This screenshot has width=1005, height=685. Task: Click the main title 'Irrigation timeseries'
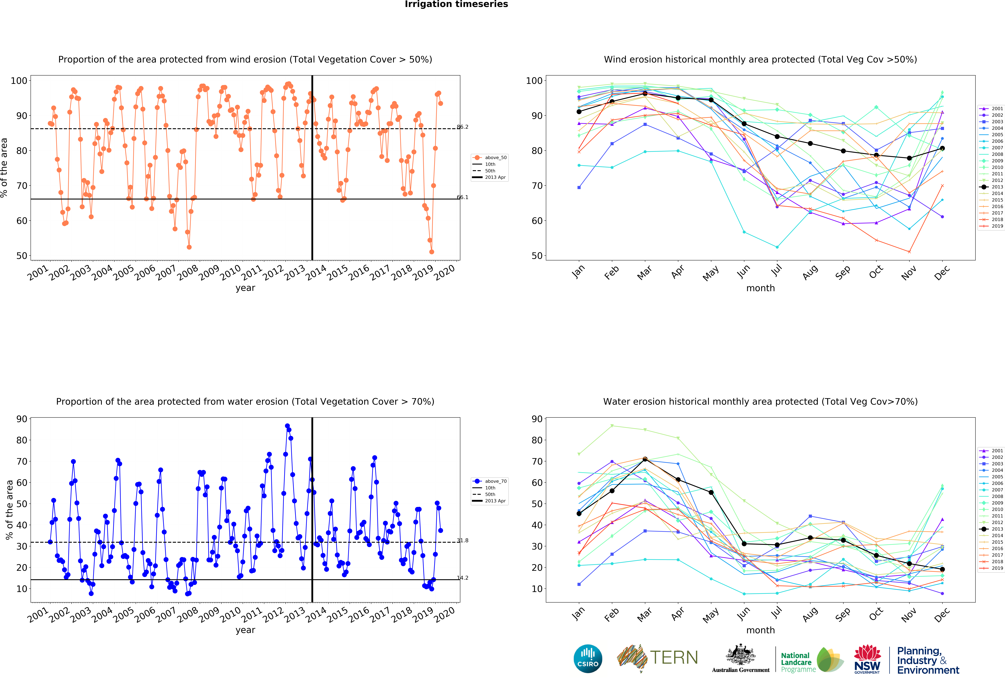click(456, 4)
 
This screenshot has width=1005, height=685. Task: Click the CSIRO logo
click(588, 659)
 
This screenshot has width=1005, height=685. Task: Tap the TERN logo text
click(674, 658)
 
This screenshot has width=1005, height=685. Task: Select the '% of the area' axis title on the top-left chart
click(4, 168)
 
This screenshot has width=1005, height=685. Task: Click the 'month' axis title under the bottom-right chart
click(760, 630)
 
